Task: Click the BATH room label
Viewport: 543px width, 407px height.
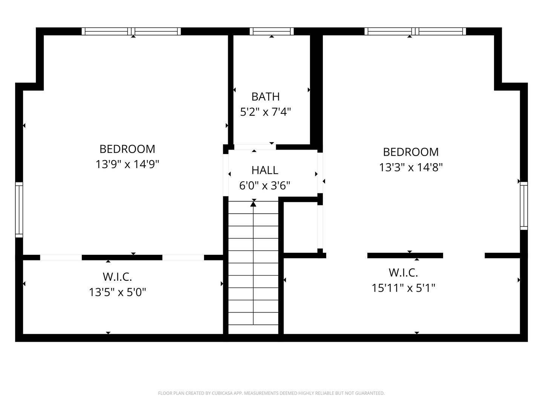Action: pyautogui.click(x=265, y=96)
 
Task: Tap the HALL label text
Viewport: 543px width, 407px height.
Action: pyautogui.click(x=265, y=170)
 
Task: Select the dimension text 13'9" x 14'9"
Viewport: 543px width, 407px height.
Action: pyautogui.click(x=127, y=164)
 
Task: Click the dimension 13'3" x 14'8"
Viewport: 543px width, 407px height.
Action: pyautogui.click(x=411, y=167)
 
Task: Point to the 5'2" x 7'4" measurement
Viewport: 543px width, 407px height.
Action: pyautogui.click(x=265, y=112)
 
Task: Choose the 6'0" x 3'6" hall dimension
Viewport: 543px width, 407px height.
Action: pyautogui.click(x=265, y=185)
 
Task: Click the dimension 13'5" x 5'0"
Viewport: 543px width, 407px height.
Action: pyautogui.click(x=117, y=292)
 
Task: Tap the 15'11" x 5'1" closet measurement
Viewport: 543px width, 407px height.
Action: pyautogui.click(x=403, y=288)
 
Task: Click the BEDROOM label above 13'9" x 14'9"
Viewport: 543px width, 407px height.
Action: pyautogui.click(x=127, y=149)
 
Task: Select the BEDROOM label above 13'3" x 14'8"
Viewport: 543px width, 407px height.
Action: pyautogui.click(x=411, y=152)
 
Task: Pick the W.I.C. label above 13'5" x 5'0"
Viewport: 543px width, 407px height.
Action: pyautogui.click(x=117, y=277)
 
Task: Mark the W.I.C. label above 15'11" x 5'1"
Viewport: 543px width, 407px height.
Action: pyautogui.click(x=403, y=272)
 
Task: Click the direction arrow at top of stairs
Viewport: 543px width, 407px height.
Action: pyautogui.click(x=253, y=204)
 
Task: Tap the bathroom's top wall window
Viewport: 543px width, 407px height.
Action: pyautogui.click(x=271, y=31)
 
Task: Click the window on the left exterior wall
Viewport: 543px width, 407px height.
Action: pyautogui.click(x=19, y=210)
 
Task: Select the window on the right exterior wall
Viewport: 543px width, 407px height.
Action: pyautogui.click(x=524, y=206)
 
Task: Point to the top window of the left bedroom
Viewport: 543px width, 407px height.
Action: pyautogui.click(x=131, y=31)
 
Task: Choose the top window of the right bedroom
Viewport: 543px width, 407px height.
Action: pyautogui.click(x=415, y=31)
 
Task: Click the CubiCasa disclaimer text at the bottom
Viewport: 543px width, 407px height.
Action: pyautogui.click(x=271, y=393)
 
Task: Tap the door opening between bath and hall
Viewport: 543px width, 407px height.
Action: pyautogui.click(x=255, y=147)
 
